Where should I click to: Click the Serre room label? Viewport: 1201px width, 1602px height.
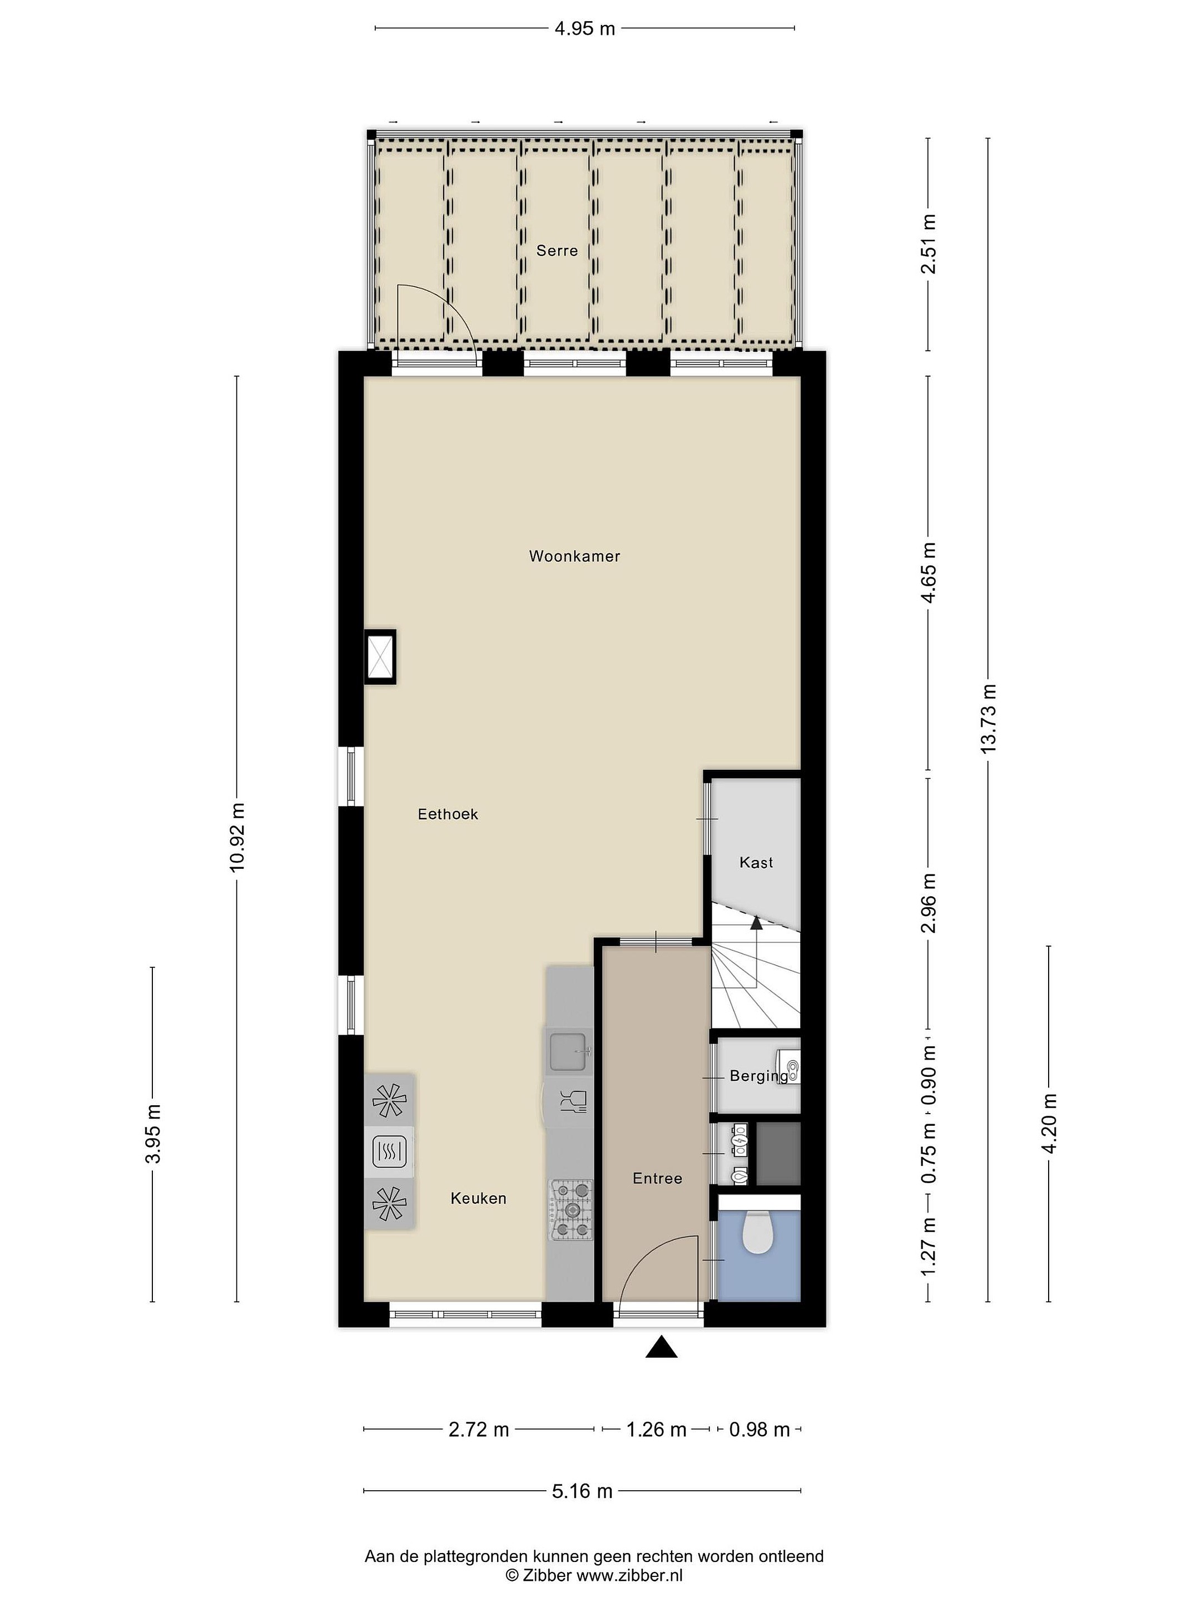coord(557,250)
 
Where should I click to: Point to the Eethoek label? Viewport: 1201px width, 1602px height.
coord(448,814)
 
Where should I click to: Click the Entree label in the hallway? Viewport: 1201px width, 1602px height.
coord(657,1178)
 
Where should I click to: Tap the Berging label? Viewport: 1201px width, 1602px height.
coord(758,1076)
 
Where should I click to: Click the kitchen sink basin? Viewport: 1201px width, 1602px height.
coord(568,1051)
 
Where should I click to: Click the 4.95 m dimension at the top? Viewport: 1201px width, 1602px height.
coord(584,28)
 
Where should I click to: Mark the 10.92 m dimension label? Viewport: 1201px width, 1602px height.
coord(237,837)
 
